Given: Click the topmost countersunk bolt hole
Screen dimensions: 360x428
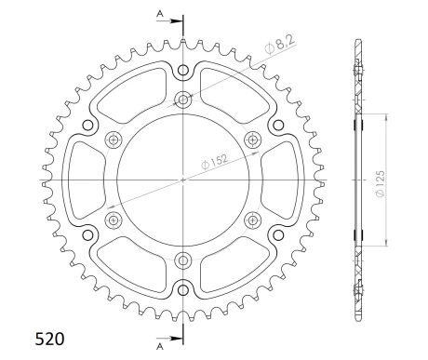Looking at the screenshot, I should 183,100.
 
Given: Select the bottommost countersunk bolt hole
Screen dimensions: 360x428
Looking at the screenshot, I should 183,260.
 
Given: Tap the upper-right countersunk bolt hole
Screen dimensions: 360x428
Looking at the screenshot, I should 252,140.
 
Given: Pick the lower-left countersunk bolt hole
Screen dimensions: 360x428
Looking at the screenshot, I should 114,220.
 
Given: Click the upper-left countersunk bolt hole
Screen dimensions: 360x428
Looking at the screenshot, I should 114,140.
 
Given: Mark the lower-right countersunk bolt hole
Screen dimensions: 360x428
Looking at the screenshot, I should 252,220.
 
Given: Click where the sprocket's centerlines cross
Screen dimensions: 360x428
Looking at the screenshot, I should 183,180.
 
